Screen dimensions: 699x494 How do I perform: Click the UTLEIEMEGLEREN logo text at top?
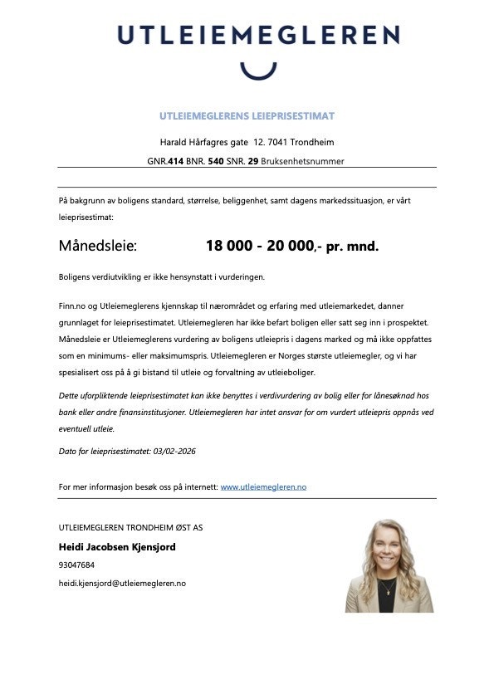pyautogui.click(x=257, y=35)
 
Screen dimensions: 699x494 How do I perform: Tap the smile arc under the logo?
pyautogui.click(x=257, y=71)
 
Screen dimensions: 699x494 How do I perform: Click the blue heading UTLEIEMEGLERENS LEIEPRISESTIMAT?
pyautogui.click(x=247, y=115)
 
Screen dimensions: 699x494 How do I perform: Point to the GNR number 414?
pyautogui.click(x=175, y=161)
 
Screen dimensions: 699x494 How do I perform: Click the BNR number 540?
pyautogui.click(x=216, y=161)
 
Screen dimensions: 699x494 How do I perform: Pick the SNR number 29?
pyautogui.click(x=252, y=161)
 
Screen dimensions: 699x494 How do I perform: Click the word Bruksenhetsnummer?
pyautogui.click(x=302, y=161)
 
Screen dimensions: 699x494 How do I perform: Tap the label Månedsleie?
pyautogui.click(x=98, y=247)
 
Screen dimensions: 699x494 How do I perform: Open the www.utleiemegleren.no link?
pyautogui.click(x=263, y=486)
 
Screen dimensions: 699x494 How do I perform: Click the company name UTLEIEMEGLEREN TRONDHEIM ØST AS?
pyautogui.click(x=130, y=527)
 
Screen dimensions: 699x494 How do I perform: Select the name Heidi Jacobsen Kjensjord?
pyautogui.click(x=117, y=547)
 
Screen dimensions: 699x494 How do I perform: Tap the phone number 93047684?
pyautogui.click(x=76, y=565)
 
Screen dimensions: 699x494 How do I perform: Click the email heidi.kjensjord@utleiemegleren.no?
pyautogui.click(x=122, y=583)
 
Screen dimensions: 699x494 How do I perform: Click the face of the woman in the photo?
pyautogui.click(x=389, y=549)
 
